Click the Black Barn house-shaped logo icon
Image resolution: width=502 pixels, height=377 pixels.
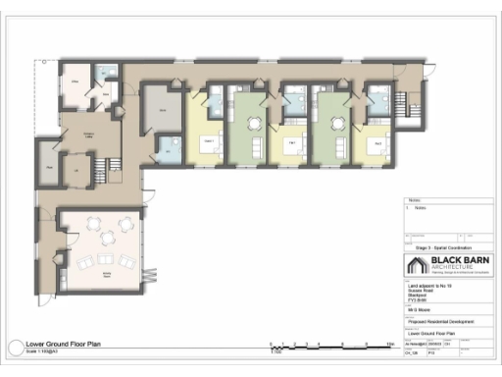[415, 266]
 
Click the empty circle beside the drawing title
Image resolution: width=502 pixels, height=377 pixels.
[14, 349]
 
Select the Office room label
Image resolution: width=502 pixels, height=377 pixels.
[75, 86]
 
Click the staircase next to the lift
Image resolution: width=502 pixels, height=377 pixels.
[98, 170]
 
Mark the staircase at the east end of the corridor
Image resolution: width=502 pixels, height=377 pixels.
[415, 97]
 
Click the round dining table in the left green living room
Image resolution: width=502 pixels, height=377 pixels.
[255, 123]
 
